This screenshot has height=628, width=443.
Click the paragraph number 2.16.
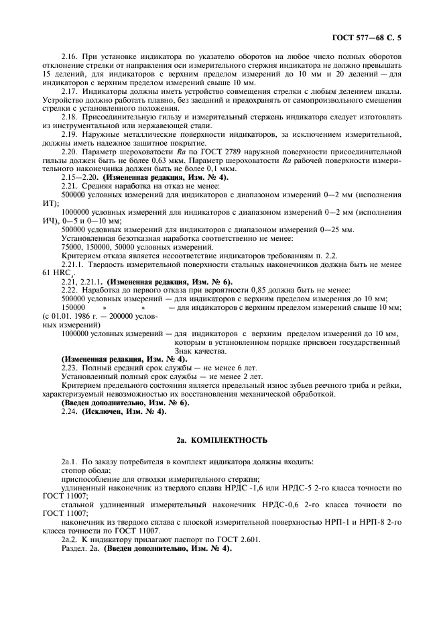(70, 56)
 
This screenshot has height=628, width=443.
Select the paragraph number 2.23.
(70, 368)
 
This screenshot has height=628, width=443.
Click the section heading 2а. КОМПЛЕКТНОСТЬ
(221, 440)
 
